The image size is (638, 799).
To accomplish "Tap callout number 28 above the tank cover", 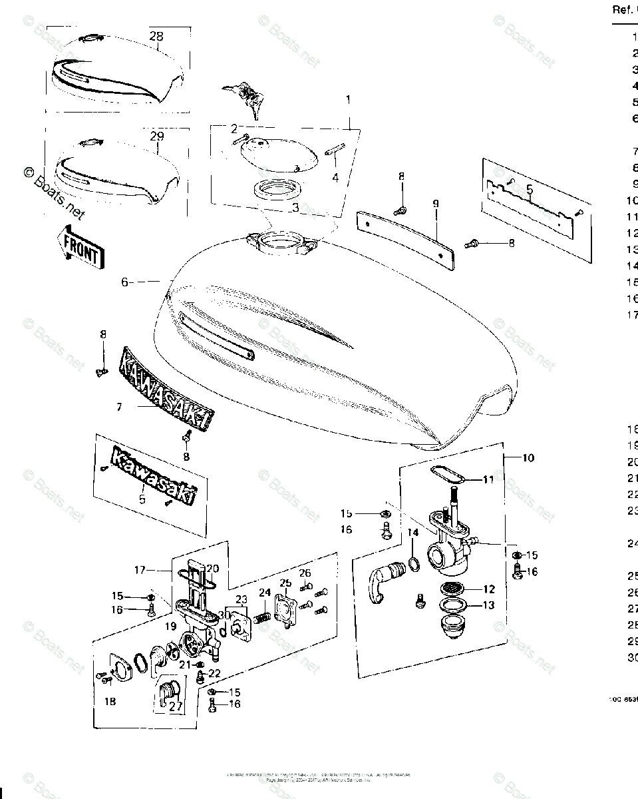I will coord(156,36).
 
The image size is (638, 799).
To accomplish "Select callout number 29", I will coord(156,136).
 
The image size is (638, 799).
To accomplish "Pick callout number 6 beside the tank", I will coord(124,282).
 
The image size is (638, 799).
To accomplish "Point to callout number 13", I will coord(489,605).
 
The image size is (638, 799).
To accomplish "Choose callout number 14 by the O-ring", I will coord(412,532).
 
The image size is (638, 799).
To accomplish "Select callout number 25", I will coord(286,584).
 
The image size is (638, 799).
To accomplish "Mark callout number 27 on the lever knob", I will coord(175,706).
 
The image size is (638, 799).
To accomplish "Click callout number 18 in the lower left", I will coord(109,700).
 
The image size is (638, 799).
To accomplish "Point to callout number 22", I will coord(214,673).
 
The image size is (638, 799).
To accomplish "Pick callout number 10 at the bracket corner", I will coord(528,458).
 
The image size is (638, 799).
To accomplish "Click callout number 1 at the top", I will coord(347,100).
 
